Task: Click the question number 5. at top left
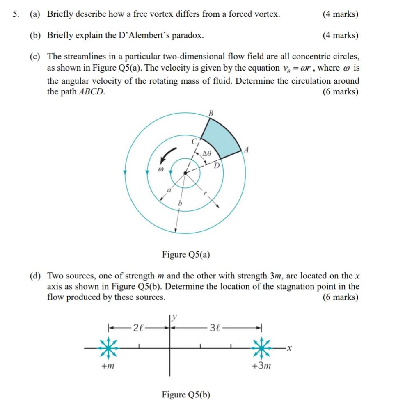pos(15,14)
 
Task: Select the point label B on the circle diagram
pos(211,112)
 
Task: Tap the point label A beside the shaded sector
pos(247,150)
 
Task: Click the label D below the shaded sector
pos(217,165)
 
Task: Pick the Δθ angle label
pos(207,153)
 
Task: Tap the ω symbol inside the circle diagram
pos(161,169)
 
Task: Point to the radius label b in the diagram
pos(179,203)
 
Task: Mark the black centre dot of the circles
pos(185,173)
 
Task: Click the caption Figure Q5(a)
pos(186,255)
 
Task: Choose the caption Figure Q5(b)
pos(186,395)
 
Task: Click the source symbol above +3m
pos(261,348)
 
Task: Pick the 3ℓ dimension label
pos(215,328)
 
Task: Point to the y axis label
pos(174,317)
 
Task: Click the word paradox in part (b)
pos(188,35)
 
